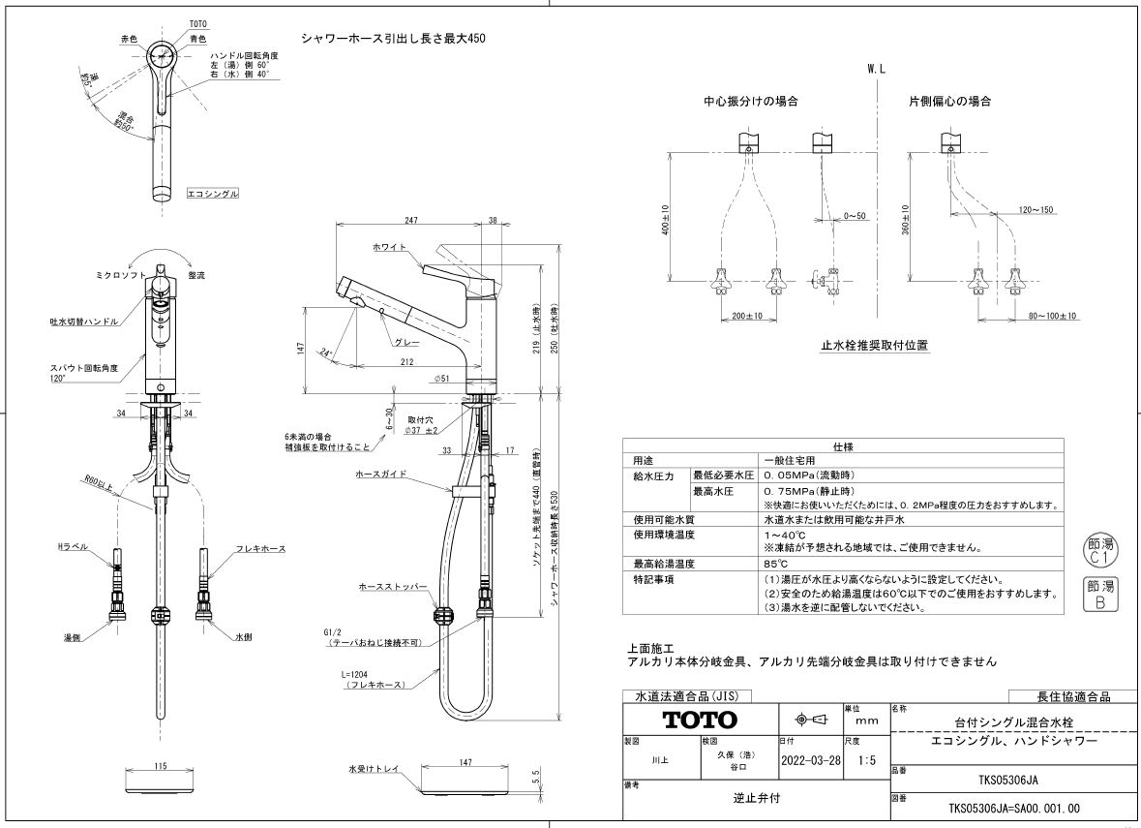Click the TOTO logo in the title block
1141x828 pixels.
(x=700, y=721)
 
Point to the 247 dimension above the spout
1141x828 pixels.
(x=411, y=220)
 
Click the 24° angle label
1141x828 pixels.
(x=325, y=353)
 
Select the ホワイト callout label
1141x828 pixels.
(x=389, y=248)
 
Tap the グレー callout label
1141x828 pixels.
(x=406, y=343)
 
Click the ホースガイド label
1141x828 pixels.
(x=380, y=475)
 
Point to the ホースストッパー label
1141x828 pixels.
(x=392, y=586)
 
